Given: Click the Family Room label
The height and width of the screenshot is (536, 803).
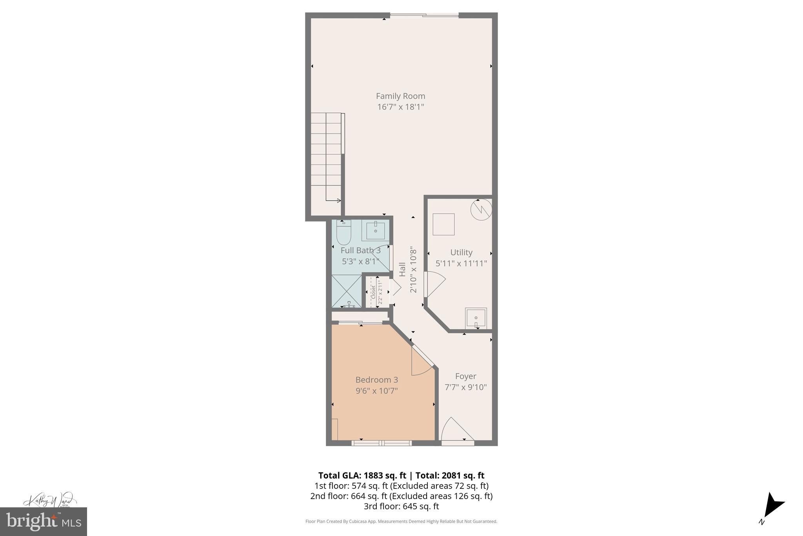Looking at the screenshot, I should point(400,96).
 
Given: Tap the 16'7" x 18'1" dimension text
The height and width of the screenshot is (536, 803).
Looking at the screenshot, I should point(400,107).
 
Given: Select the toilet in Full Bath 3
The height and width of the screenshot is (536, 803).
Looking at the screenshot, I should point(343,233).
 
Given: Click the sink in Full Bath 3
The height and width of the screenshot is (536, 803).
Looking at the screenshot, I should point(375,230).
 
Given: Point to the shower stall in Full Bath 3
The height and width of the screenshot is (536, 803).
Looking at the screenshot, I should point(347,291).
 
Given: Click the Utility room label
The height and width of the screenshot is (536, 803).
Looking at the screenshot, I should point(461,252).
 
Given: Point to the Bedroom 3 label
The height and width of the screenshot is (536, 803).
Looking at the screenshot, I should point(376,380).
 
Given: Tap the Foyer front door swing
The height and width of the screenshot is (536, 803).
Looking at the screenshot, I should point(456,430).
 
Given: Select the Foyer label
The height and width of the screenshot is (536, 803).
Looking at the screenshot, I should point(465,376).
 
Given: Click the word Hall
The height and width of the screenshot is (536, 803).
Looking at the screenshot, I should point(402,269).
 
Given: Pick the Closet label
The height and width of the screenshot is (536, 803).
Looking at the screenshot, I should point(373,292).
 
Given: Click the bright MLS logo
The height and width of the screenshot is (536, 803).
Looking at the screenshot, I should point(44,521).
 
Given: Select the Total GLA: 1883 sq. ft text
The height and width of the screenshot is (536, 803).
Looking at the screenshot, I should point(362,476).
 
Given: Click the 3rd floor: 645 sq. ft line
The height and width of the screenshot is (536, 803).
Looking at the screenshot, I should point(401,506).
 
